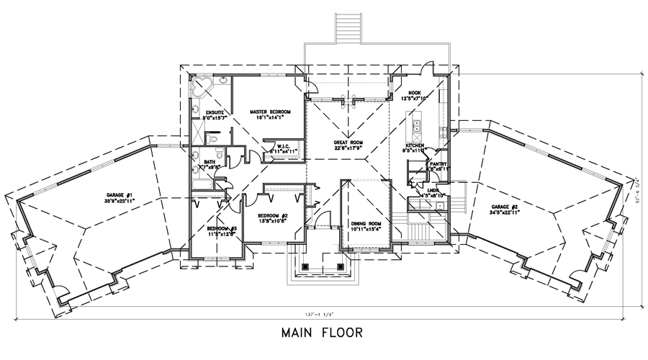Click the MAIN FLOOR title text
[x=323, y=334]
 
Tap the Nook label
[x=414, y=93]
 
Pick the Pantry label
[x=438, y=164]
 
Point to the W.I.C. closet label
[x=281, y=147]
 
